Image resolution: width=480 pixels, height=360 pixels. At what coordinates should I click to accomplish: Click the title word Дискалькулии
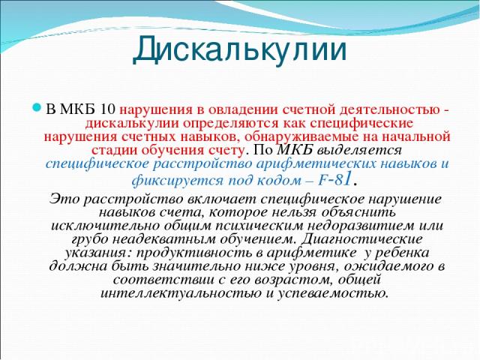point(240,49)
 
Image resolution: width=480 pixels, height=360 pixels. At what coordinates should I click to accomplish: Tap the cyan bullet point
point(37,108)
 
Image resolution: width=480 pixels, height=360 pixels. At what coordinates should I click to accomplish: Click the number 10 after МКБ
point(108,109)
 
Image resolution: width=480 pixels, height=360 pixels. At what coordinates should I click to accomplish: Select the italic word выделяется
point(358,151)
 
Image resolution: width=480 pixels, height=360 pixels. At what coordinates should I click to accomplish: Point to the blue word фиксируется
point(178,181)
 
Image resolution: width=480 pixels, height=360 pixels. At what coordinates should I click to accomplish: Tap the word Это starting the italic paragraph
point(64,199)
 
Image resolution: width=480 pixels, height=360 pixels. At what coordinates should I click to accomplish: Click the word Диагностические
point(361,239)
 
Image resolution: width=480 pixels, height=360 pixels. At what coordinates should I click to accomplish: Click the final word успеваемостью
point(333,293)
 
